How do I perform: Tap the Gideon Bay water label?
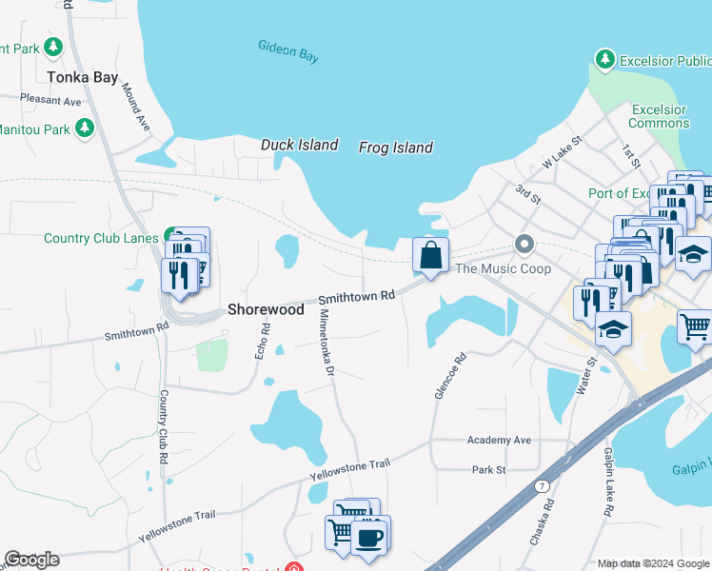287,50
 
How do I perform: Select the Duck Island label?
299,145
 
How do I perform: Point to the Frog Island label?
395,148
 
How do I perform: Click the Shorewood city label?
266,309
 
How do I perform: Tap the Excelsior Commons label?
659,116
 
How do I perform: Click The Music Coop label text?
504,268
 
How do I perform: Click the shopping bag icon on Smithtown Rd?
431,255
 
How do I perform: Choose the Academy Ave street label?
499,441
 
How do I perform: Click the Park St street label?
488,470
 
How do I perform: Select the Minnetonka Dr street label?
326,342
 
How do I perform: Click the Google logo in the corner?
31,560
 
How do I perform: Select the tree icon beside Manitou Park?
85,127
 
